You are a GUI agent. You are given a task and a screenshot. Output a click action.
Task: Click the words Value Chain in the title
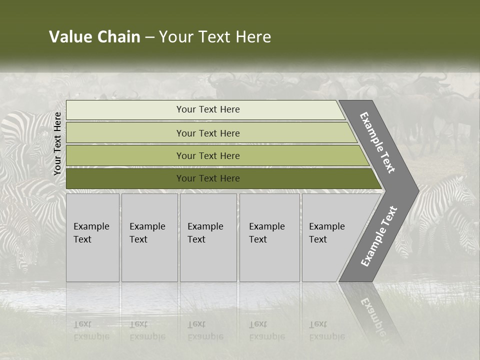pyautogui.click(x=94, y=37)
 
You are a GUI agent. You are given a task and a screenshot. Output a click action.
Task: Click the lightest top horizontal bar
pyautogui.click(x=150, y=110)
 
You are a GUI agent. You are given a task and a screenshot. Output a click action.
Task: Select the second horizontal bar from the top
pyautogui.click(x=150, y=133)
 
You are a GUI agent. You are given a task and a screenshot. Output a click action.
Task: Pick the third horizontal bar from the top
pyautogui.click(x=150, y=155)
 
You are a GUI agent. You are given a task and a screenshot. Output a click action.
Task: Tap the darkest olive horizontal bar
pyautogui.click(x=150, y=178)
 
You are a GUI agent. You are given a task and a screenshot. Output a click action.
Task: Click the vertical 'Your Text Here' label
pyautogui.click(x=57, y=143)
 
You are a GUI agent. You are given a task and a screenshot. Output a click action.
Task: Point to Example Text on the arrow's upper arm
pyautogui.click(x=377, y=143)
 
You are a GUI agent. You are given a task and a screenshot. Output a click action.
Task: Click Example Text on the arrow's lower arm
pyautogui.click(x=379, y=236)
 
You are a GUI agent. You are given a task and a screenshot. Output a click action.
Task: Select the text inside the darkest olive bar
pyautogui.click(x=208, y=178)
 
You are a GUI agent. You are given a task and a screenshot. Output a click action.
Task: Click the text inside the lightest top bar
pyautogui.click(x=208, y=109)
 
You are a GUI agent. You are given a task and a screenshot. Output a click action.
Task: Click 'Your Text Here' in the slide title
pyautogui.click(x=215, y=37)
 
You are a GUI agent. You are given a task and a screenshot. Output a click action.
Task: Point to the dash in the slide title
pyautogui.click(x=149, y=37)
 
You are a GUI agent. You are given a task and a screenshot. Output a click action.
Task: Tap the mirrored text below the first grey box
pyautogui.click(x=91, y=330)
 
